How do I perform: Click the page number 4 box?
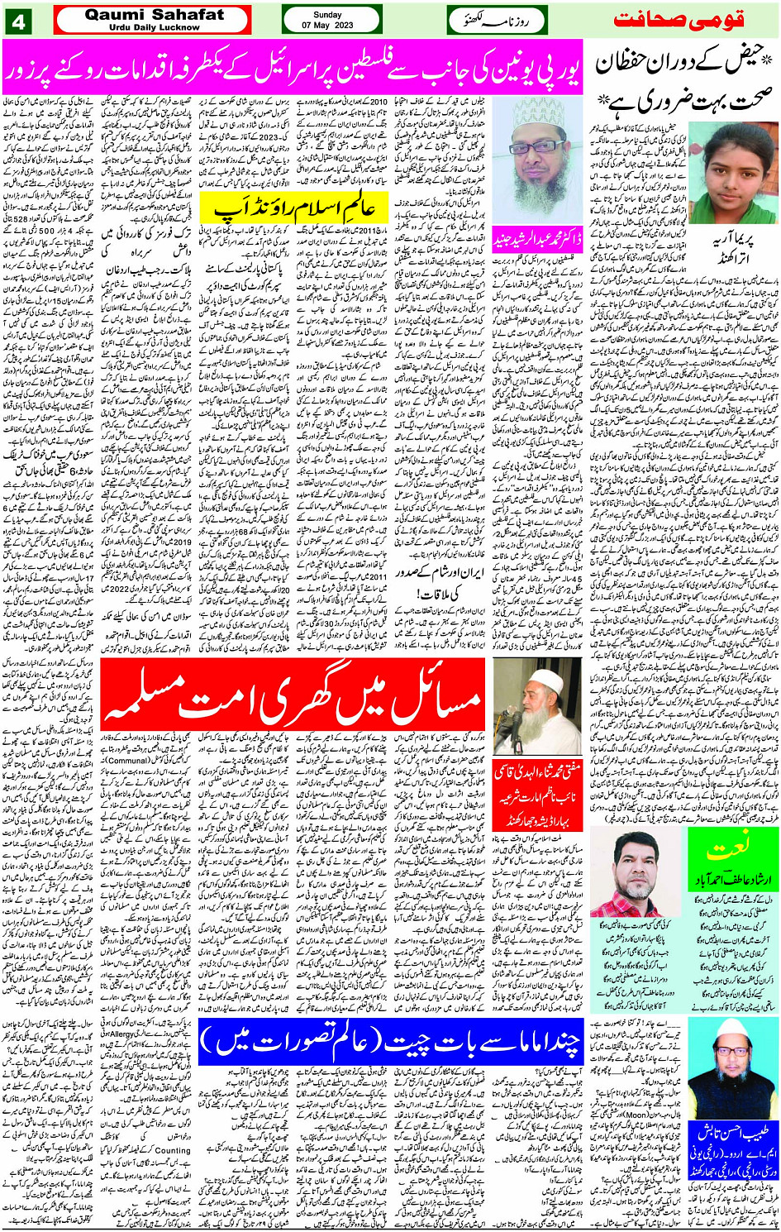[18, 21]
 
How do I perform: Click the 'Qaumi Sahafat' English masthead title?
[154, 14]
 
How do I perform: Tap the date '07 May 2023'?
[327, 26]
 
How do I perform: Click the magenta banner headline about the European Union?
[292, 66]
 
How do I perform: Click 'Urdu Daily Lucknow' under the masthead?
[154, 27]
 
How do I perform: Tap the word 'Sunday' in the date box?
[327, 14]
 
